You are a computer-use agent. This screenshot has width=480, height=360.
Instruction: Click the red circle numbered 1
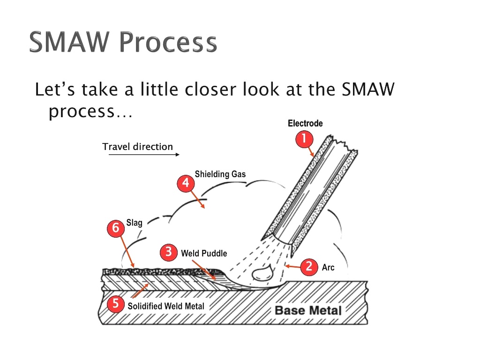(304, 139)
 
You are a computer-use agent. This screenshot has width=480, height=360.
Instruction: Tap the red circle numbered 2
(309, 266)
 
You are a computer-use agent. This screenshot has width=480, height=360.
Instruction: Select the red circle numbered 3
(168, 253)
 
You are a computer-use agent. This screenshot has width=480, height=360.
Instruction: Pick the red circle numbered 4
(186, 183)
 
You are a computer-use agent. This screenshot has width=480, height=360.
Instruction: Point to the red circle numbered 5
(115, 304)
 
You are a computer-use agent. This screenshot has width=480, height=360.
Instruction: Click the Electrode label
(305, 123)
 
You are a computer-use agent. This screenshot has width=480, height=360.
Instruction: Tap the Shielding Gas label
(220, 174)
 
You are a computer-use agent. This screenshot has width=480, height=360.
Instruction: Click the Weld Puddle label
(204, 254)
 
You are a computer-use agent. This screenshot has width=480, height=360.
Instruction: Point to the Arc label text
(328, 268)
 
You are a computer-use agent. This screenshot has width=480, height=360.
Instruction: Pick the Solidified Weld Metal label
(166, 306)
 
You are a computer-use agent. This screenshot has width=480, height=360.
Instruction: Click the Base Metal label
(307, 310)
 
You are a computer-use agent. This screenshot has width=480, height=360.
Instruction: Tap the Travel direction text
(137, 147)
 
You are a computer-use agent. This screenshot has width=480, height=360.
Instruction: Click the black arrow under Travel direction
(143, 154)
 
